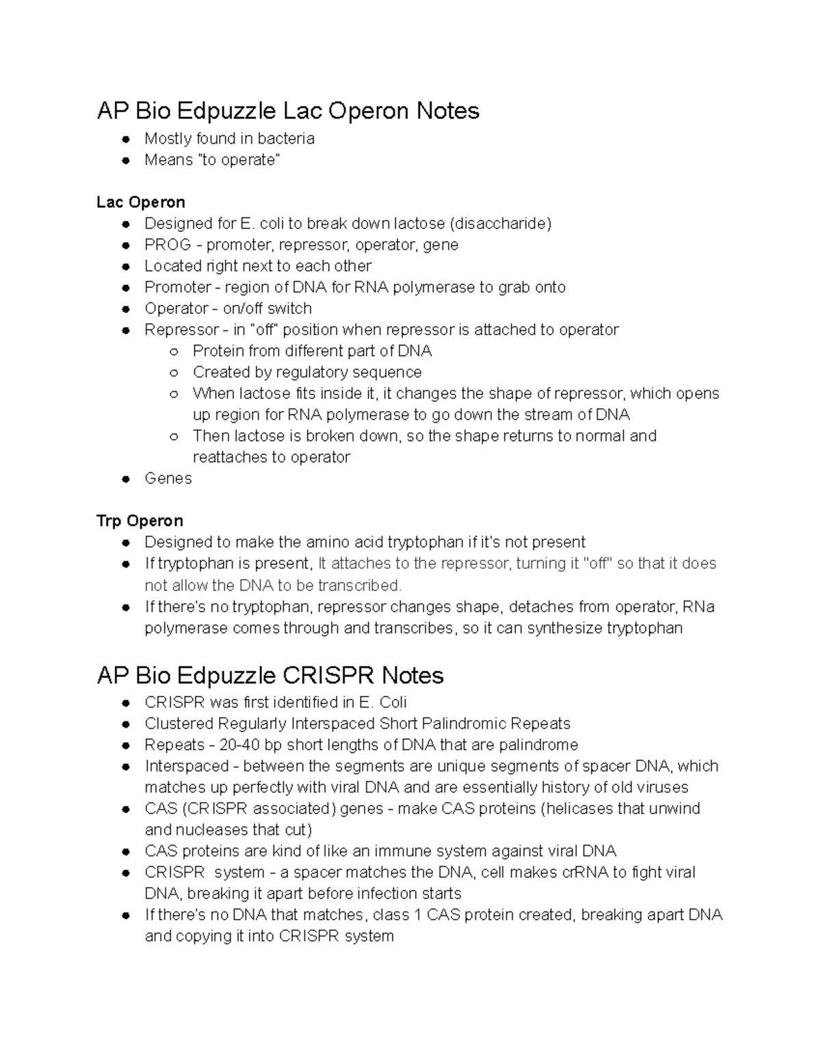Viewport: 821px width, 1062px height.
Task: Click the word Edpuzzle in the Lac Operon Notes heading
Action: (x=226, y=111)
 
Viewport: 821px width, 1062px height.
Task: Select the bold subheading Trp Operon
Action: (x=140, y=521)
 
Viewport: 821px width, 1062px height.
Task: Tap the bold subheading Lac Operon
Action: (x=140, y=202)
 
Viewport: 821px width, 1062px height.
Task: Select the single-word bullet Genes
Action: (x=168, y=479)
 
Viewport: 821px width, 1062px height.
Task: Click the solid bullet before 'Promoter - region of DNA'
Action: (x=126, y=288)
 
